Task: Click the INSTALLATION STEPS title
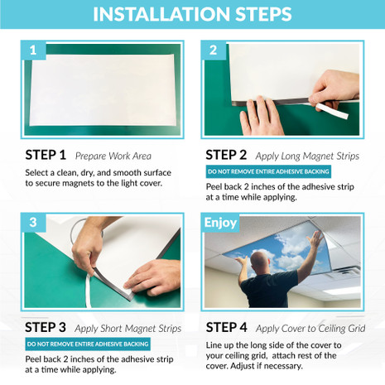[192, 14]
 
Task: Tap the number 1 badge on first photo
[32, 51]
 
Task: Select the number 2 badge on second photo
[213, 51]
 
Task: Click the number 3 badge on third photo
[32, 224]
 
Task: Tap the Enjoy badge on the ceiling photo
[220, 223]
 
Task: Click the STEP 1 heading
[46, 155]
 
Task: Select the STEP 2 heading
[226, 154]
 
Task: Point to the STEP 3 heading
[46, 327]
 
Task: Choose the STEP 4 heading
[226, 326]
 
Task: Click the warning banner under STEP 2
[268, 171]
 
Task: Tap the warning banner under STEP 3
[88, 344]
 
